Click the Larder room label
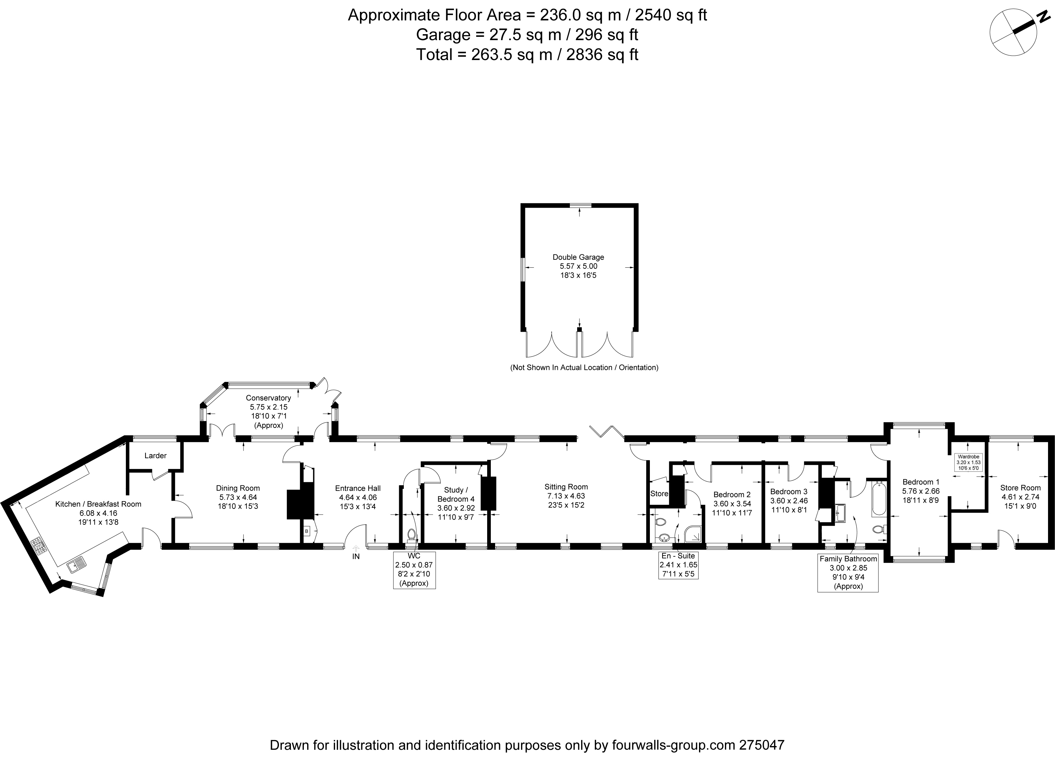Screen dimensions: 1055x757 coord(155,456)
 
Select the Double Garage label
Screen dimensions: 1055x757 coord(578,257)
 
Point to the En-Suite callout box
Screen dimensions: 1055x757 coord(678,565)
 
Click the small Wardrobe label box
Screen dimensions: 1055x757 coord(968,462)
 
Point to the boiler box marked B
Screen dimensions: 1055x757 coord(307,531)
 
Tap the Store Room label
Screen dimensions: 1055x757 coord(1020,488)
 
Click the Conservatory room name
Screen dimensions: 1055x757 coord(268,398)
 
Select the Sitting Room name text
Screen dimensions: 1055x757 coord(566,487)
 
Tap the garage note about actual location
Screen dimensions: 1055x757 coord(584,368)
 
